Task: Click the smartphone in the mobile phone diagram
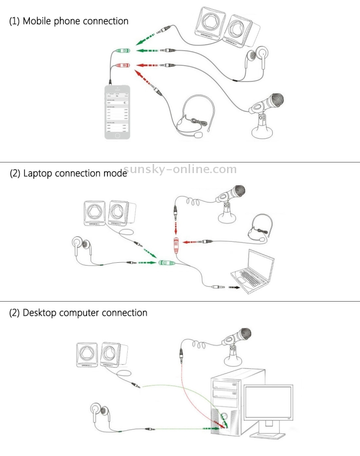pyautogui.click(x=118, y=112)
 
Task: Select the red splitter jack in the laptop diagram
pyautogui.click(x=177, y=245)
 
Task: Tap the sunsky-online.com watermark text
pyautogui.click(x=180, y=169)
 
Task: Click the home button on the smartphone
pyautogui.click(x=117, y=136)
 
